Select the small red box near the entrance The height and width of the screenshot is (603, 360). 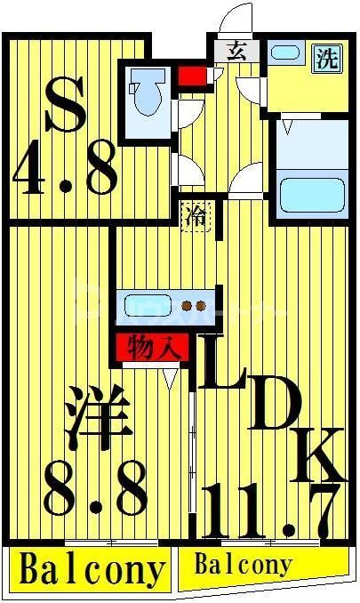pos(191,73)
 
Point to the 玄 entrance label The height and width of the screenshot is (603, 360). pos(236,51)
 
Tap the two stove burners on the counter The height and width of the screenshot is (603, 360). pos(192,305)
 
